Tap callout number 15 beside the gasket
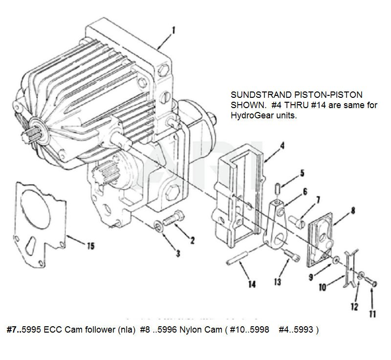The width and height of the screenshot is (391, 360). tap(90, 246)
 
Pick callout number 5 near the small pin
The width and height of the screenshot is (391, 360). tap(303, 172)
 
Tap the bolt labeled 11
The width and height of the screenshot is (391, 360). tap(370, 283)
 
